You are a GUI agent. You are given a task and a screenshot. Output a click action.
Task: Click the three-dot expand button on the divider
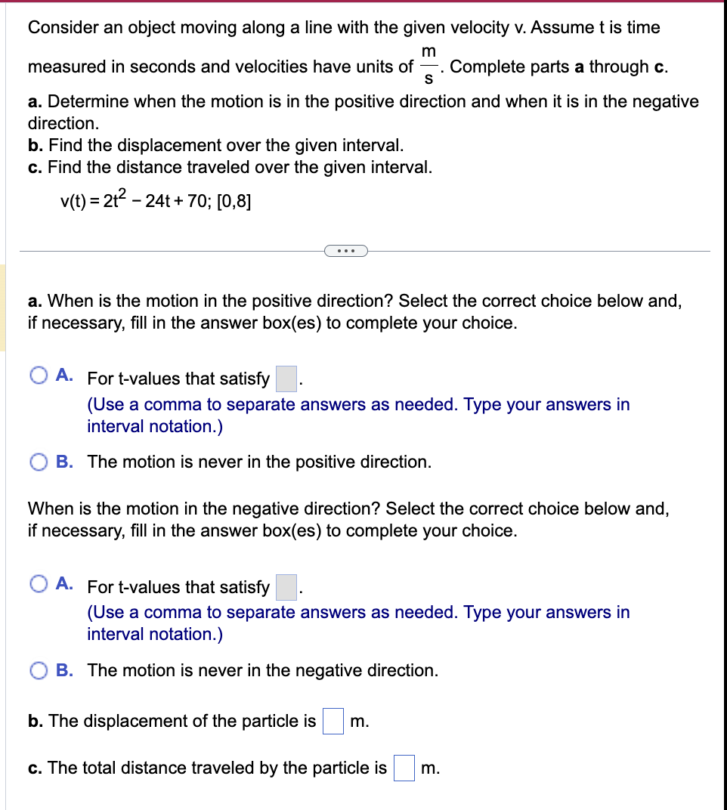click(345, 251)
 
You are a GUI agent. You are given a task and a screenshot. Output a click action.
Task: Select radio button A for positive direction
click(39, 376)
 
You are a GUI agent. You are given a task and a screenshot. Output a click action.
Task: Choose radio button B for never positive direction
click(39, 462)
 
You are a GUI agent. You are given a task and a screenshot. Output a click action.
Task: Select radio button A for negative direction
click(39, 584)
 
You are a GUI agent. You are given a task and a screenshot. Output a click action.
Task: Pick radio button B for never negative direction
click(39, 671)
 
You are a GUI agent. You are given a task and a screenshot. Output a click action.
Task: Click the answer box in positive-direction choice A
click(286, 378)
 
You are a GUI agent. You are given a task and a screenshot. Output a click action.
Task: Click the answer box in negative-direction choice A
click(286, 586)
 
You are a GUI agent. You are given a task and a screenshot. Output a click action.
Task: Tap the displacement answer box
click(333, 721)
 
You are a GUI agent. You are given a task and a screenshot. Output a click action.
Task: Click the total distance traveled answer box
click(404, 768)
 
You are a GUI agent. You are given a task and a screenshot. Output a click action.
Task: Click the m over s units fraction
click(428, 66)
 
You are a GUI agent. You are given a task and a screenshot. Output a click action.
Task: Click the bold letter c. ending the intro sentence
click(659, 66)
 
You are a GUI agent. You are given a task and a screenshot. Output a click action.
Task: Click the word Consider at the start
click(60, 28)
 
